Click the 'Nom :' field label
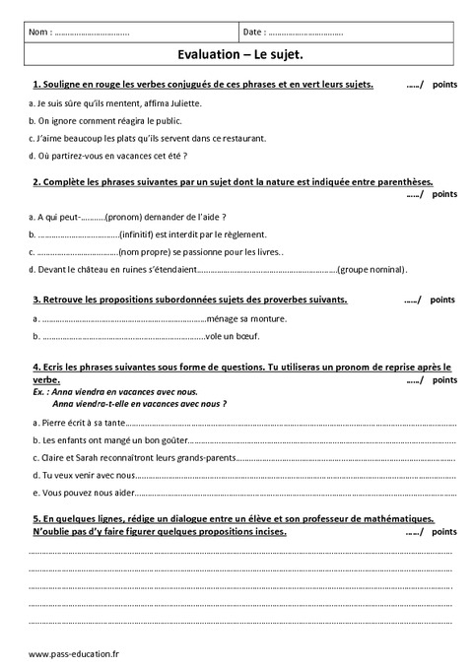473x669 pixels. [x=40, y=33]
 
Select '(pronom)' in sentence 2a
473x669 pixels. [x=124, y=216]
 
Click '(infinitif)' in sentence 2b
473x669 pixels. [x=139, y=234]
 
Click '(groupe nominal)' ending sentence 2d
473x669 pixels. [x=371, y=269]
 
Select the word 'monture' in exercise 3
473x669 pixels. [x=268, y=318]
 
